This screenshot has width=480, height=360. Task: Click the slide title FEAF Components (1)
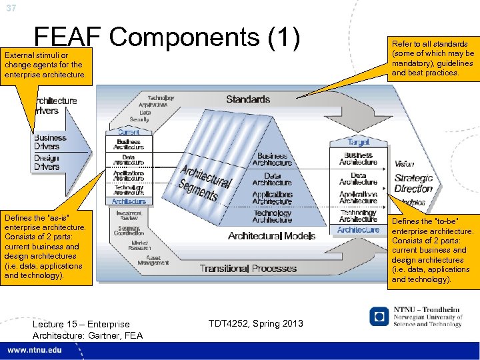click(167, 38)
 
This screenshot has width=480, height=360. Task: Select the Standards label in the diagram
click(248, 99)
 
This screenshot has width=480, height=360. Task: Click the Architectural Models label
click(271, 236)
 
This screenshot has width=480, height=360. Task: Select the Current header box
click(129, 133)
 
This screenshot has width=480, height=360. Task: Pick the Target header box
click(358, 142)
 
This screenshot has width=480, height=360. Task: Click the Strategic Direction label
click(413, 183)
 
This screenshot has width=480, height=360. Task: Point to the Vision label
click(404, 164)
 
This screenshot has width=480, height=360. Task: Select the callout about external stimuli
click(44, 64)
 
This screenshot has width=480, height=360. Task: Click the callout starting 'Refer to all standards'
click(433, 59)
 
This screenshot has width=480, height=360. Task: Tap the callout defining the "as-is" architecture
click(44, 246)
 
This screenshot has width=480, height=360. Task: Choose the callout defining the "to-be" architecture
click(433, 250)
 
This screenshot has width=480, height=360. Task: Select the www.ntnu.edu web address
click(37, 350)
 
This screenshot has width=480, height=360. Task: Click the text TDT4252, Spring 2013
click(255, 323)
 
